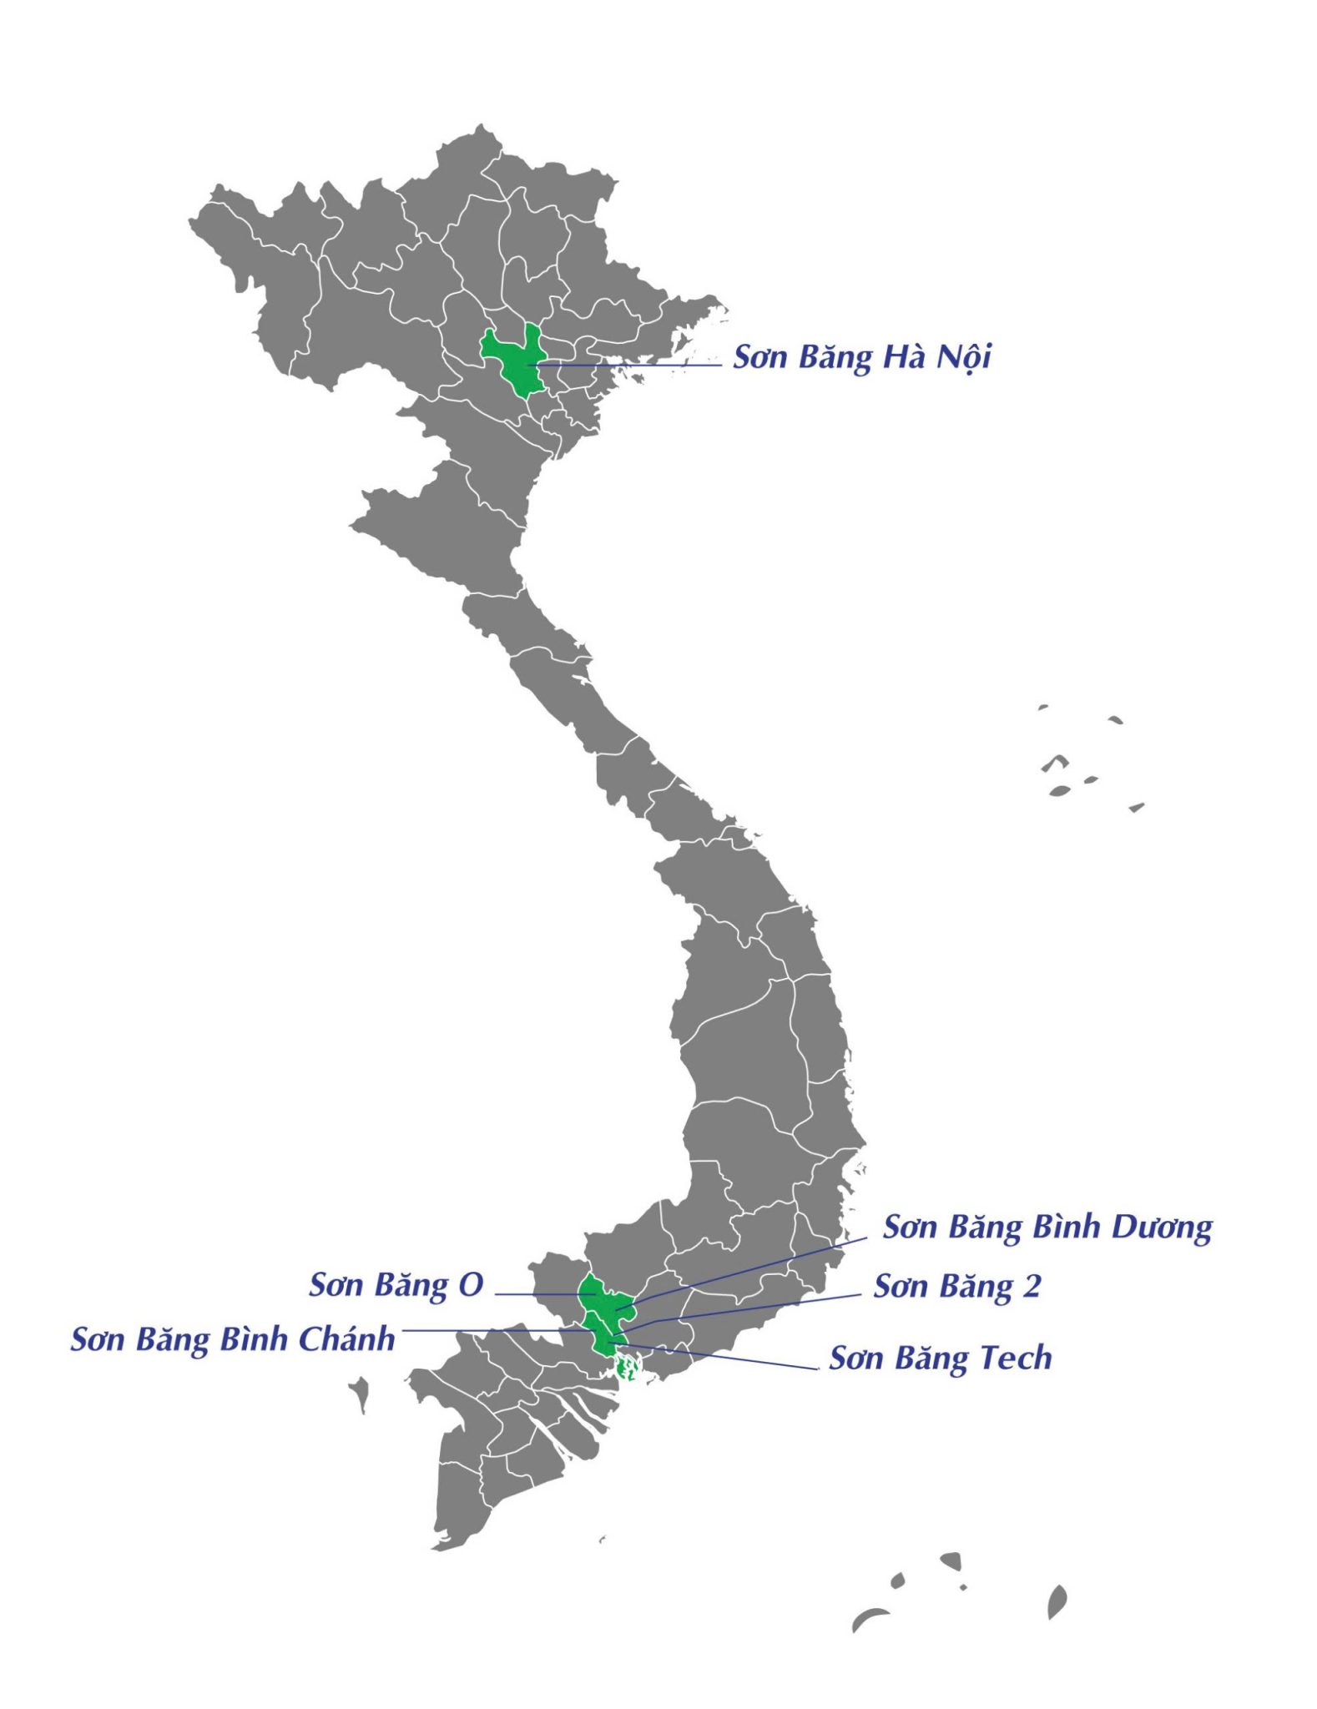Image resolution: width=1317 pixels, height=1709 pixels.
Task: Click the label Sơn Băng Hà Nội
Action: [x=861, y=358]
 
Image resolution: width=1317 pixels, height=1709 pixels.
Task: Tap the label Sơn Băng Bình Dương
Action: [x=1047, y=1228]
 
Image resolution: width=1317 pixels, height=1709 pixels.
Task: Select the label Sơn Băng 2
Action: [x=956, y=1287]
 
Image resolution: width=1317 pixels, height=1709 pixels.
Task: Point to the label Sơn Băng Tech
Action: [x=940, y=1359]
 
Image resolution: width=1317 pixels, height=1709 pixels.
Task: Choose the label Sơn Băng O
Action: [x=396, y=1285]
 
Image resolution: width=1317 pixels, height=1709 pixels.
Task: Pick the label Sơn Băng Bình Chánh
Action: [x=232, y=1339]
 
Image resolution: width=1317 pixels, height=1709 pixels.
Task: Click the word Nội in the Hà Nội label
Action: [x=962, y=358]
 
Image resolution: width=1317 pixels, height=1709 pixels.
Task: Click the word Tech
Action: [x=1015, y=1359]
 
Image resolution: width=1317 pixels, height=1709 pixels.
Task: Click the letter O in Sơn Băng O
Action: [x=471, y=1285]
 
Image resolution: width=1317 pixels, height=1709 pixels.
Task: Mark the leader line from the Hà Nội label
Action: [x=634, y=365]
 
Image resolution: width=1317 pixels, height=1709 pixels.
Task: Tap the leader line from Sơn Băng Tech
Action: [x=726, y=1356]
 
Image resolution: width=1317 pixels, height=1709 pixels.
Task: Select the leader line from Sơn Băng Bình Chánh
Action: [x=492, y=1330]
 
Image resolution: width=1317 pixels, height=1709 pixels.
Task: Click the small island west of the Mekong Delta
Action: [x=360, y=1392]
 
